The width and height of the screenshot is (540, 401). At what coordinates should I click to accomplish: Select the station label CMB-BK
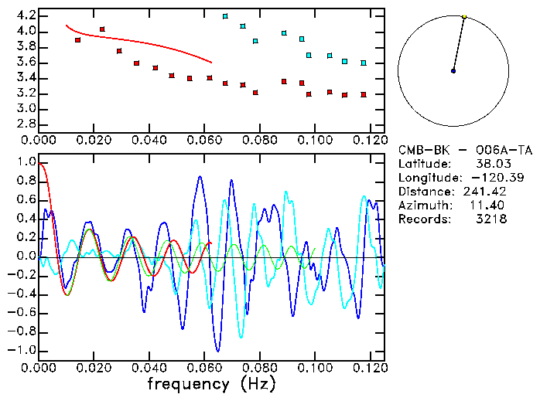pyautogui.click(x=422, y=150)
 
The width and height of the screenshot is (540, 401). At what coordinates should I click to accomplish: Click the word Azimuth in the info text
pyautogui.click(x=422, y=206)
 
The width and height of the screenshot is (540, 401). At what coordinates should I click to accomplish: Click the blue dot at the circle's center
pyautogui.click(x=453, y=71)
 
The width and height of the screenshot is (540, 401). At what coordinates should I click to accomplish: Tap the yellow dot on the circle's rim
pyautogui.click(x=464, y=16)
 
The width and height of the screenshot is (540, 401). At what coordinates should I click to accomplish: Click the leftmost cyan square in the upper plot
pyautogui.click(x=225, y=16)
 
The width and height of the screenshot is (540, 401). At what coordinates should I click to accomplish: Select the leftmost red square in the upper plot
pyautogui.click(x=77, y=39)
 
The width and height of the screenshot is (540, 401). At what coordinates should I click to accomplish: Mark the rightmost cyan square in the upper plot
pyautogui.click(x=363, y=63)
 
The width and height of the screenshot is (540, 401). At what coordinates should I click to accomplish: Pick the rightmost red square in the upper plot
pyautogui.click(x=363, y=95)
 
